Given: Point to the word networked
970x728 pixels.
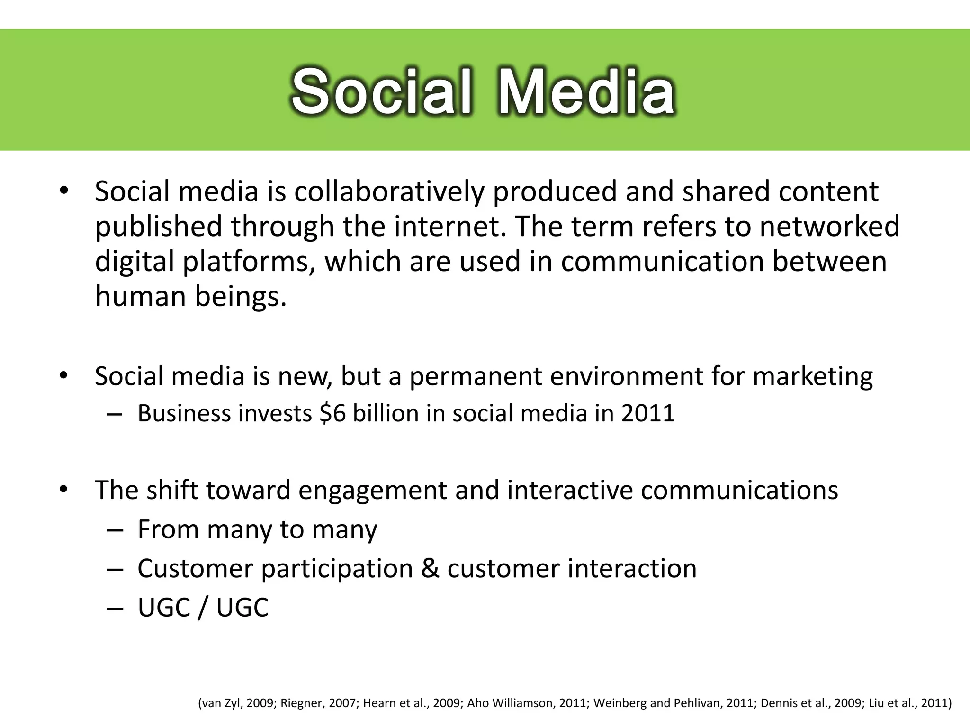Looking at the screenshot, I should pyautogui.click(x=829, y=227).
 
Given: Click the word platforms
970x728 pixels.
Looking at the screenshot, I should pyautogui.click(x=249, y=262).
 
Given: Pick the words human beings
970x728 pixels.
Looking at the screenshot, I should pyautogui.click(x=191, y=296).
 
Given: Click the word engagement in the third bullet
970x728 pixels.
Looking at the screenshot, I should pyautogui.click(x=372, y=490).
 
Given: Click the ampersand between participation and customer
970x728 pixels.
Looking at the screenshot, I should pyautogui.click(x=430, y=569).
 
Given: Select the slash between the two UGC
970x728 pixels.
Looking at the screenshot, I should pyautogui.click(x=203, y=608).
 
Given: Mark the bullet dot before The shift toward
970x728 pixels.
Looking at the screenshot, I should pyautogui.click(x=64, y=490).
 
